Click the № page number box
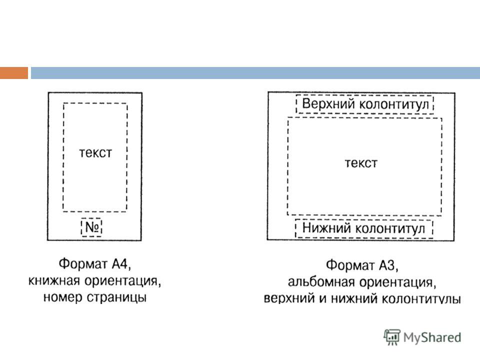tap(91, 227)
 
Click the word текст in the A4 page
tap(95, 153)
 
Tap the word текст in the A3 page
tap(361, 163)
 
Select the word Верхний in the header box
tap(328, 104)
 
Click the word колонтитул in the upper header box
tap(394, 104)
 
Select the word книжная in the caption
tap(54, 280)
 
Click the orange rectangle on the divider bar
tap(14, 73)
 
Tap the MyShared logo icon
tap(392, 337)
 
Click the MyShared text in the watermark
tap(432, 337)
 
